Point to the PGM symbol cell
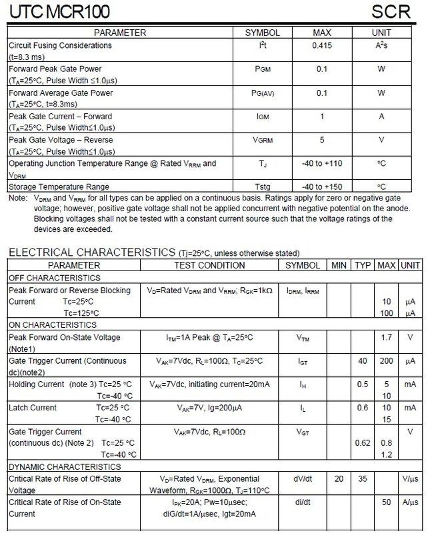(263, 69)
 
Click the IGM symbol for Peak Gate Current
(263, 116)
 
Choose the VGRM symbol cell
(263, 140)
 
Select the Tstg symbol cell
(263, 187)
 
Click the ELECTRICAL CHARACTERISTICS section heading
(91, 253)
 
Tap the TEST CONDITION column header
(209, 265)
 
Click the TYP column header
(363, 265)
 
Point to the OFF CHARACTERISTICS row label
(55, 277)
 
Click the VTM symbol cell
(302, 338)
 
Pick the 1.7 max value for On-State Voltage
(386, 338)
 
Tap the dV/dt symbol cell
(302, 478)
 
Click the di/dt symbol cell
(302, 501)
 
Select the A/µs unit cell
(410, 501)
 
